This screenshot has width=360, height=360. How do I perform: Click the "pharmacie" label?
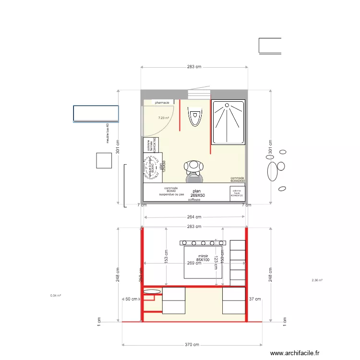[162, 102]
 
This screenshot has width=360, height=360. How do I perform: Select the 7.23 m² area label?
[164, 118]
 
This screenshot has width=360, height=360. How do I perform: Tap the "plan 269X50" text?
[197, 193]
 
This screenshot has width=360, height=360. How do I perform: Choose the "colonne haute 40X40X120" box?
[237, 193]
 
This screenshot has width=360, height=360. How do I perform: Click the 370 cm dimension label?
[192, 345]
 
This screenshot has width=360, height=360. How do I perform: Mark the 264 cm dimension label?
[194, 217]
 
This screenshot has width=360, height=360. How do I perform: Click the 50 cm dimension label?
[131, 299]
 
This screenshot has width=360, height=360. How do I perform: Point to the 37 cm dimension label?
[254, 299]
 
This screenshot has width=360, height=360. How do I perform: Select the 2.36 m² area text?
[317, 280]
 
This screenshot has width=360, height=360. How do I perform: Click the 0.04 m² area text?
[56, 296]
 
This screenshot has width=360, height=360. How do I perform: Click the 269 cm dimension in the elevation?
[193, 263]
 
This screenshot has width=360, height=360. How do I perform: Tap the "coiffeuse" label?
[194, 199]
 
